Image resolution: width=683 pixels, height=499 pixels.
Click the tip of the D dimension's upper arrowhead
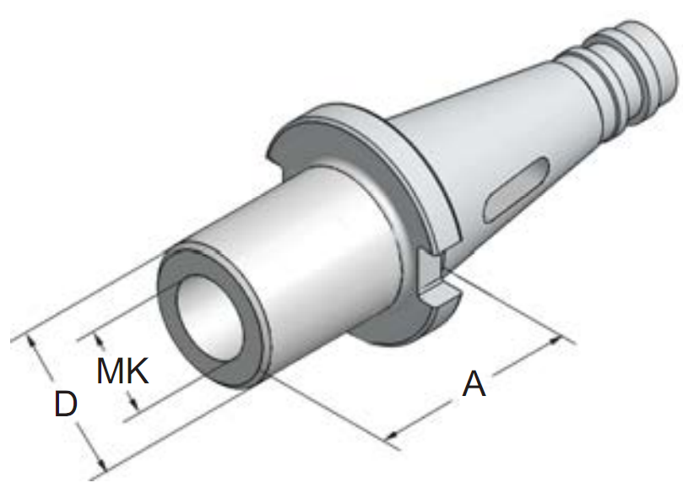[x=28, y=334]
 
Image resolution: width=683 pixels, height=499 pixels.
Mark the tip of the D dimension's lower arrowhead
[x=106, y=470]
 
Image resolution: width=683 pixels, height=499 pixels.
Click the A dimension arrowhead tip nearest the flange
[x=561, y=337]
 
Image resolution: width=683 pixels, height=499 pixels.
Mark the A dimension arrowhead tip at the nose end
[x=388, y=437]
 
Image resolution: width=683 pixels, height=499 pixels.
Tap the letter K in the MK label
[x=138, y=371]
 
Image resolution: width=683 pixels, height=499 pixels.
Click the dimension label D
[x=66, y=404]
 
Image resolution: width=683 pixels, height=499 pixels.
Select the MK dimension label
[x=122, y=371]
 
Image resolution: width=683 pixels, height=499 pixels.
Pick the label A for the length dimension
[x=474, y=384]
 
